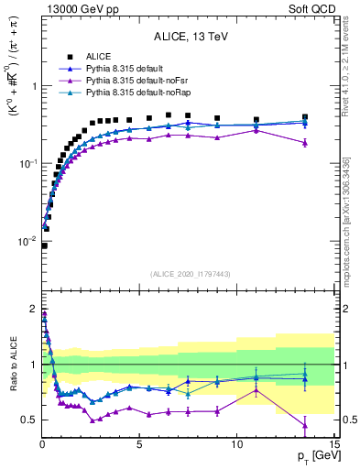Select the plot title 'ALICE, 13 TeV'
click(x=190, y=37)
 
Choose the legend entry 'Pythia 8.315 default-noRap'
click(x=136, y=93)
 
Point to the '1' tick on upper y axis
click(x=34, y=86)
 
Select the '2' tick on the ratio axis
click(x=34, y=309)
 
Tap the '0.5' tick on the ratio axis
click(x=29, y=420)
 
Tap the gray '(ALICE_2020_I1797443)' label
click(x=190, y=274)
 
